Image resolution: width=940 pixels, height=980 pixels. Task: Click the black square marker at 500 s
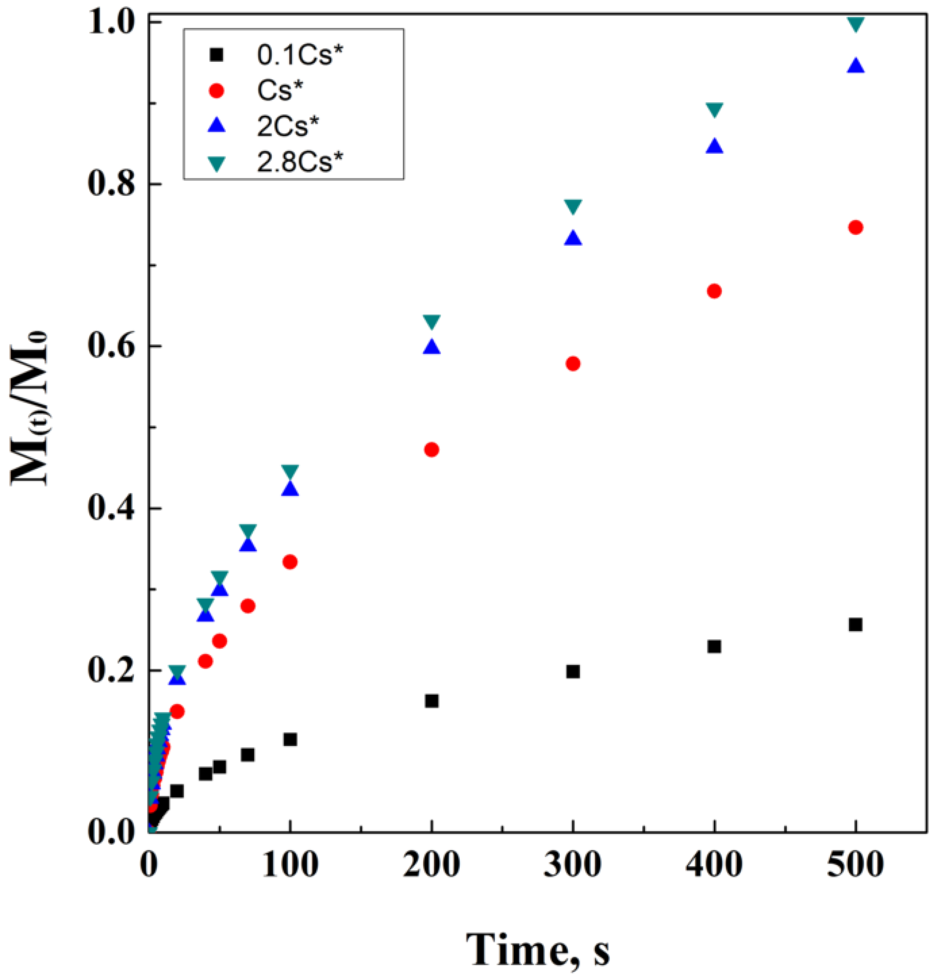click(x=855, y=625)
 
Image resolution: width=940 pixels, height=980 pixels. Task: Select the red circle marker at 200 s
click(x=431, y=450)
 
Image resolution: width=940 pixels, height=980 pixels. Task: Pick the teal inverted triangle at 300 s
click(x=573, y=206)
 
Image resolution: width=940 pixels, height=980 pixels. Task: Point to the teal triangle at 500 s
click(x=855, y=24)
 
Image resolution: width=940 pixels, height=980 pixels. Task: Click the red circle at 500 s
click(x=855, y=228)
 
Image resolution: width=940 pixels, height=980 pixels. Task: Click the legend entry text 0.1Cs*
click(x=301, y=56)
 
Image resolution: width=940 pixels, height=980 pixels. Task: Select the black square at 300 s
click(x=573, y=671)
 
